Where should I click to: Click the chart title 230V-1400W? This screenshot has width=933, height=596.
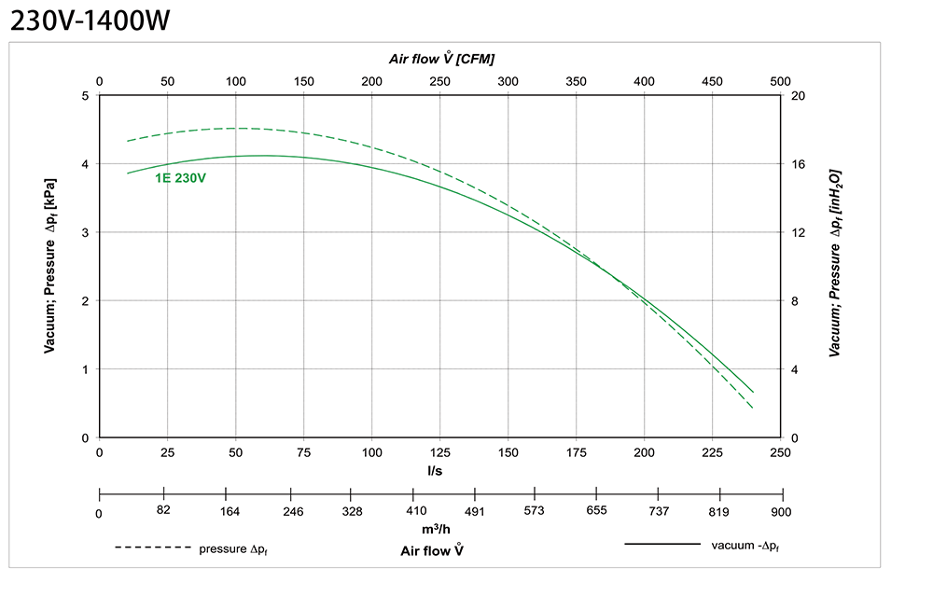coord(90,21)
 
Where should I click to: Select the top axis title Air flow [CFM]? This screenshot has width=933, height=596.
coord(441,58)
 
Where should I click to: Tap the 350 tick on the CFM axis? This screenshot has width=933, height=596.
coord(576,82)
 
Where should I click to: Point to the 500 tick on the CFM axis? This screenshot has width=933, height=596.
coord(780,82)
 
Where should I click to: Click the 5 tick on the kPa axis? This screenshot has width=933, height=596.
coord(85,96)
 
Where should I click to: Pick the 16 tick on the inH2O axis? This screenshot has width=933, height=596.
coord(799,164)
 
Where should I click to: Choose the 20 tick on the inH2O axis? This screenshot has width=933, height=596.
coord(799,96)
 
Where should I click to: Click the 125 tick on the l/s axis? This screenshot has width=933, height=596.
coord(439,452)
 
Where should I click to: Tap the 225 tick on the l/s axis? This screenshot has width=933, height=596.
coord(712,452)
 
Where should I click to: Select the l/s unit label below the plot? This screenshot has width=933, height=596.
coord(435,470)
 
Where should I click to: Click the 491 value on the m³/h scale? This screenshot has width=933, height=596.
coord(475,510)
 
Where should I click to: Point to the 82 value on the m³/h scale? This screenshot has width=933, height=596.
coord(163,510)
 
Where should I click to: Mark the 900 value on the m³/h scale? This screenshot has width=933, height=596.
coord(781,511)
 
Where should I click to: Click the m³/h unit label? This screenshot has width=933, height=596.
coord(435,529)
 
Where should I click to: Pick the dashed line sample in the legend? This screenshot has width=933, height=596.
coord(153,547)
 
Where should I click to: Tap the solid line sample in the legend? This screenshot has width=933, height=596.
coord(661,543)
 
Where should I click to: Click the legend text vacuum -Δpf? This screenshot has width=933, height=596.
coord(745,545)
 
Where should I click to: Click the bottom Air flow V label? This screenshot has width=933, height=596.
coord(432,550)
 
